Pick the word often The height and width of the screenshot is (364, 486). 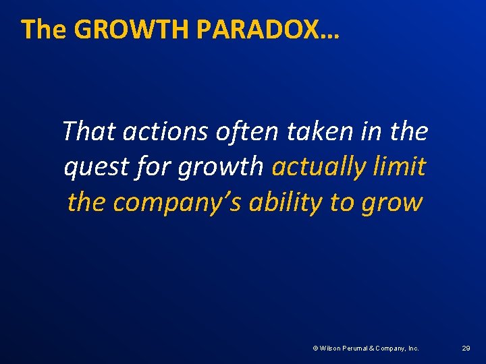[246, 131]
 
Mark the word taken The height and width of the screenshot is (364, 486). [315, 131]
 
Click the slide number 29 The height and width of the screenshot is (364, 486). [466, 348]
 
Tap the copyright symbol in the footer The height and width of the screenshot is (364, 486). [315, 348]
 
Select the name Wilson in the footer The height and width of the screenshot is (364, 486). [329, 348]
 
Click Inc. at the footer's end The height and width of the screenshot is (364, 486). [412, 348]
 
